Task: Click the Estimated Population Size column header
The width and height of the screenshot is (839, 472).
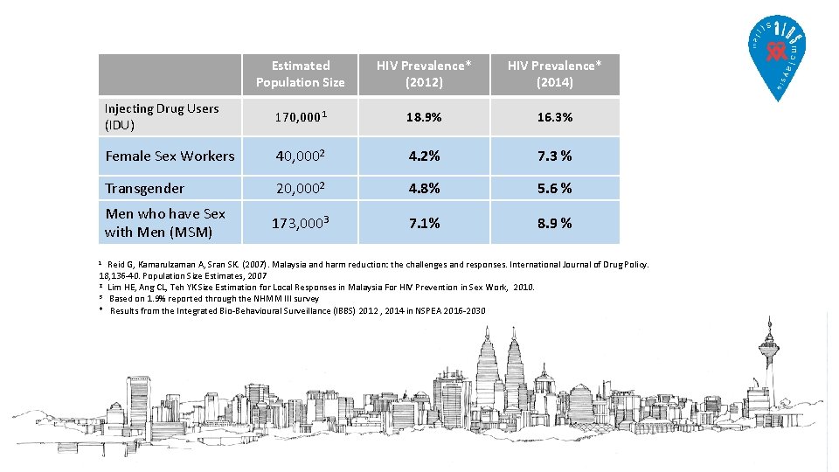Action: (x=300, y=74)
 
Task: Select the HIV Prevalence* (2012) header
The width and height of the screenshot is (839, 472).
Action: (x=424, y=74)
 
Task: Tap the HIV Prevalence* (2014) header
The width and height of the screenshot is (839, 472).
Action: (x=554, y=74)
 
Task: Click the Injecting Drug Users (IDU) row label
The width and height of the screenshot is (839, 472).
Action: (x=162, y=116)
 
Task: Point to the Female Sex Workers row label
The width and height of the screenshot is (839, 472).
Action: (x=170, y=156)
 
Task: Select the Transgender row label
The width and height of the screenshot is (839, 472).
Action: (x=145, y=189)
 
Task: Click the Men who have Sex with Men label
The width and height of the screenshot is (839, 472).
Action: (x=165, y=223)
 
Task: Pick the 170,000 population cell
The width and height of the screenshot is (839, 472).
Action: (x=300, y=116)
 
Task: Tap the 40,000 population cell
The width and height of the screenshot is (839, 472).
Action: (x=300, y=156)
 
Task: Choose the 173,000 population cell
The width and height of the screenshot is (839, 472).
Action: (x=300, y=223)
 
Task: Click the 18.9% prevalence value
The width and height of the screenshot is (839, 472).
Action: (x=424, y=116)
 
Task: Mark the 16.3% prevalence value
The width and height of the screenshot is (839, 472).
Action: (x=554, y=116)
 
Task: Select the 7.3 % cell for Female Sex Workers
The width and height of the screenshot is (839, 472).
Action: (x=554, y=156)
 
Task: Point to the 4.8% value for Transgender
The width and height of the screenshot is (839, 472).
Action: (x=424, y=189)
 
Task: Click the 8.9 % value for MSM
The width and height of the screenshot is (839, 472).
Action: (x=554, y=223)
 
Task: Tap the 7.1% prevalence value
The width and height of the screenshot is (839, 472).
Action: (x=424, y=223)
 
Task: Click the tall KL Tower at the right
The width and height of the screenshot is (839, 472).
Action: (x=770, y=367)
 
